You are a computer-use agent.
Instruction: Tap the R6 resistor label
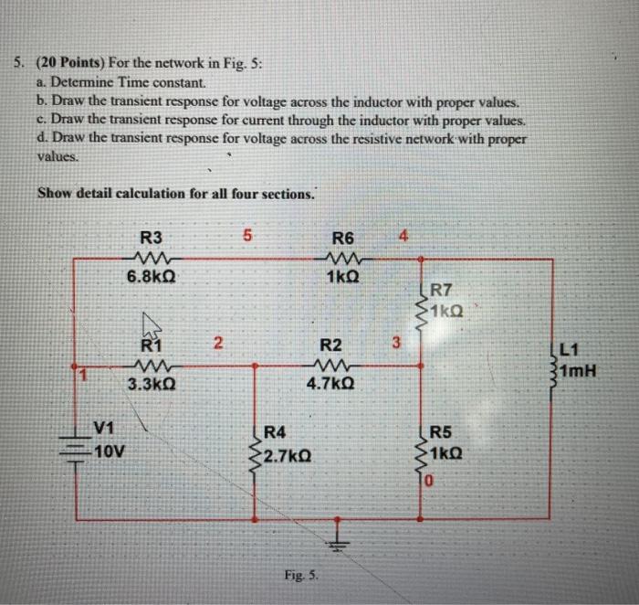pos(343,239)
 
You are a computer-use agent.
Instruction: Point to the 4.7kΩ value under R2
pos(331,385)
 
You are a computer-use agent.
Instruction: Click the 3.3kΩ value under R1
pos(148,385)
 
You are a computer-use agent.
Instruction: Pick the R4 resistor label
pos(275,432)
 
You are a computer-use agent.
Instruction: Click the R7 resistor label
pos(443,292)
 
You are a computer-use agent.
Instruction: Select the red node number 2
pos(217,344)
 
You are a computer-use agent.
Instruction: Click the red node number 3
pos(395,344)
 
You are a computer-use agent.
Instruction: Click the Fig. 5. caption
pos(299,574)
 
